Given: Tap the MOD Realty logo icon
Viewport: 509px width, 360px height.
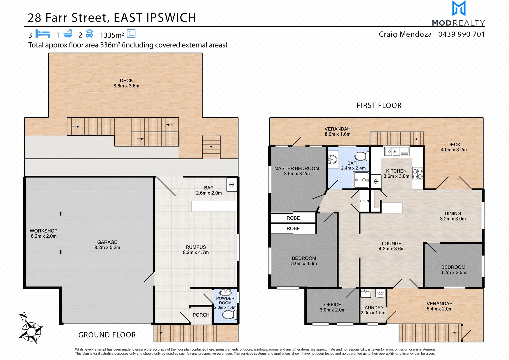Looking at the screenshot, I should click(459, 9).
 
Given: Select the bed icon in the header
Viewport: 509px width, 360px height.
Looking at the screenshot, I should click(42, 34).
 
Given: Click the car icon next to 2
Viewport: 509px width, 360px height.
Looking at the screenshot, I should click(89, 34).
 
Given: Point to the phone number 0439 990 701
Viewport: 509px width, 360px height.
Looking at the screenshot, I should click(461, 34).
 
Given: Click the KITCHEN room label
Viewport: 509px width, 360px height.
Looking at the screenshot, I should click(396, 171).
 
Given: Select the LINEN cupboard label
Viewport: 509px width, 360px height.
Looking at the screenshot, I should click(364, 201).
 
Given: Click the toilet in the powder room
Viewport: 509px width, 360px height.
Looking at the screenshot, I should click(229, 314).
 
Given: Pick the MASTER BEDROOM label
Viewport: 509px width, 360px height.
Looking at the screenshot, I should click(297, 169).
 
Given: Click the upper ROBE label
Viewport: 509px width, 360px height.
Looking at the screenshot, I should click(293, 218).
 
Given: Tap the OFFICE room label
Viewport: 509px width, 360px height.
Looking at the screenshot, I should click(332, 305).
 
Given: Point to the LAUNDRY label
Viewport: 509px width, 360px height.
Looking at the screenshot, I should click(373, 308).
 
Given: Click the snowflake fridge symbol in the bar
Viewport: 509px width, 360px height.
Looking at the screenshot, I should click(231, 184).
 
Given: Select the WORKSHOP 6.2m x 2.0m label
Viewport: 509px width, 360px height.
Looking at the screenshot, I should click(44, 233).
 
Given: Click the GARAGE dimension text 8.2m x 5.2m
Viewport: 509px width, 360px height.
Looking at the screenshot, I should click(107, 247).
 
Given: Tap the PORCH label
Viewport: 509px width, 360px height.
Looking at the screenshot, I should click(201, 315).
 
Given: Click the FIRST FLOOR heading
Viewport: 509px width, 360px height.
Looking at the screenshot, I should click(379, 106).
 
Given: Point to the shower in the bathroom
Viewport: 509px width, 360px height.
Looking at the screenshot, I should click(361, 180).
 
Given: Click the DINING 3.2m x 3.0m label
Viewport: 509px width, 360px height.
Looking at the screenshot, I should click(453, 216).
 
